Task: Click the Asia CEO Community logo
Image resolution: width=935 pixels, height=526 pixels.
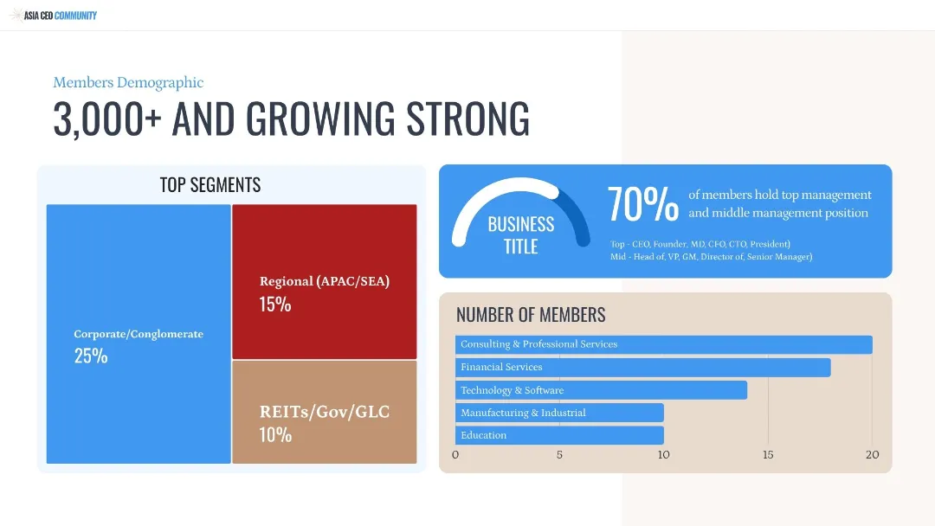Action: point(53,15)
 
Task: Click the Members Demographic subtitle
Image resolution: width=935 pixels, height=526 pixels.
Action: point(128,82)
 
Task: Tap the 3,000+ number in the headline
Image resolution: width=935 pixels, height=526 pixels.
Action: point(107,119)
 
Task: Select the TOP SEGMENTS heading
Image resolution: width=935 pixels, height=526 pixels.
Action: point(210,184)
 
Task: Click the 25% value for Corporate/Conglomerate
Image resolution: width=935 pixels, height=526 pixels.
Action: point(91,356)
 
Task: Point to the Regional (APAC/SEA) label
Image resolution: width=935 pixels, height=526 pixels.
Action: point(325,281)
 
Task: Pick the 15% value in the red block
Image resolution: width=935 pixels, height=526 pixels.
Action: point(275,305)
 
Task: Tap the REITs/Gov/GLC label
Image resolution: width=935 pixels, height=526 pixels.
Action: point(325,412)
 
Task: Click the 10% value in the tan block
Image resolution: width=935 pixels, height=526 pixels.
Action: point(275,435)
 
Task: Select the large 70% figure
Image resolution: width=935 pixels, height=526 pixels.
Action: point(642,204)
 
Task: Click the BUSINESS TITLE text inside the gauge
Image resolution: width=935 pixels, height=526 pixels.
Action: point(521,235)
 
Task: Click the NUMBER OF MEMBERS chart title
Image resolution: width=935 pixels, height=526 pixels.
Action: point(531,315)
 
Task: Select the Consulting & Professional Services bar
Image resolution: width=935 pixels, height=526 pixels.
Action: point(664,344)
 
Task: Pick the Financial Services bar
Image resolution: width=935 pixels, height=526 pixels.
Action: point(642,368)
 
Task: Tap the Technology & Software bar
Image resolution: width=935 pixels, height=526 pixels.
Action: point(601,390)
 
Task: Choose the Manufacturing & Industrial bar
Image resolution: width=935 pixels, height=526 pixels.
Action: point(559,413)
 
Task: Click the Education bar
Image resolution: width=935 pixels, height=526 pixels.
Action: point(559,435)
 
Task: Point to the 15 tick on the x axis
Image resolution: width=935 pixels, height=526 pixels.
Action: point(768,454)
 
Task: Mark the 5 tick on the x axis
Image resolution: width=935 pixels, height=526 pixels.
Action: point(559,454)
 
